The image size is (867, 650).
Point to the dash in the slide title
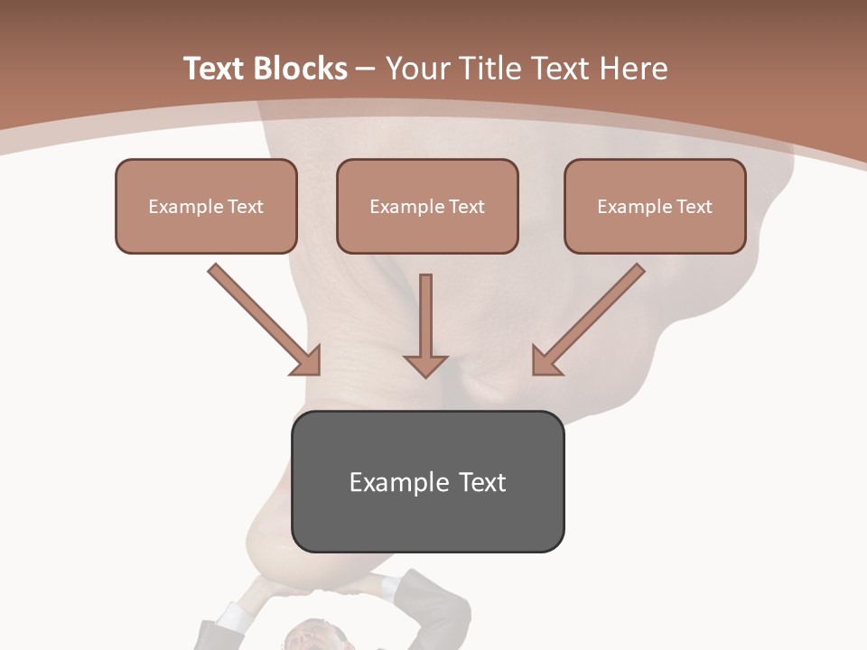click(x=366, y=69)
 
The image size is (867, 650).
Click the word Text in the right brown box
click(x=694, y=207)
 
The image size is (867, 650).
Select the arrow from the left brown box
click(x=265, y=320)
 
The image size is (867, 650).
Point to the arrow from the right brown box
click(x=588, y=320)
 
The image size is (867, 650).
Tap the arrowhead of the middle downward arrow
click(x=425, y=365)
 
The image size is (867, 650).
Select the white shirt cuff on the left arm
click(x=234, y=617)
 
